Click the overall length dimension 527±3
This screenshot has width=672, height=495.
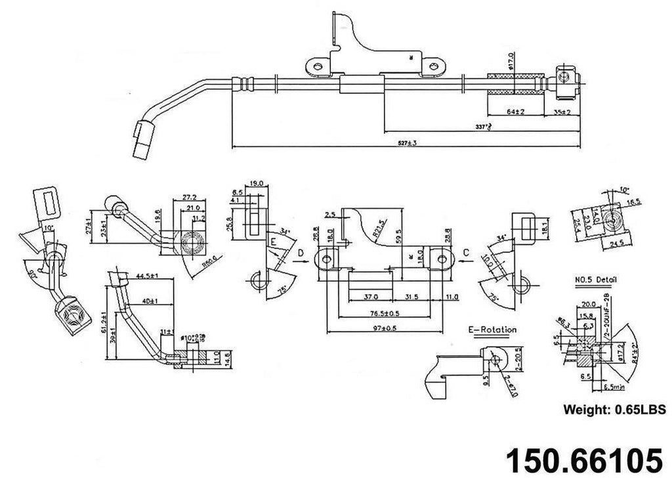coord(407,142)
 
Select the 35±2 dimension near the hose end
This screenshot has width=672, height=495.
coord(562,112)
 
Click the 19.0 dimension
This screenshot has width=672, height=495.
coord(257,184)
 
